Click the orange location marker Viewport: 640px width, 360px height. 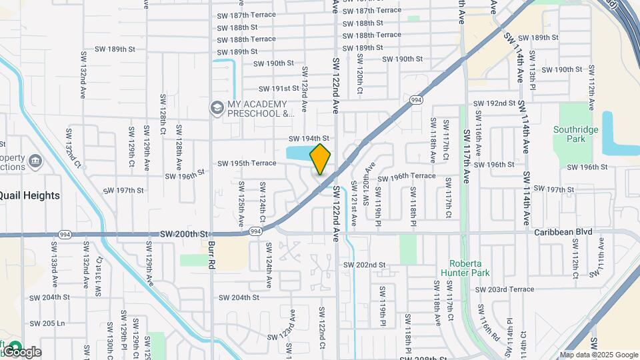pos(321,159)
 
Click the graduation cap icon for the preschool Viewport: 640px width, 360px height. pos(216,107)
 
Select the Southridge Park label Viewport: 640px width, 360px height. pos(569,134)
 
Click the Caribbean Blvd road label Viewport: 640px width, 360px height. pos(563,232)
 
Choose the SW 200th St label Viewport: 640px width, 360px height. pos(185,234)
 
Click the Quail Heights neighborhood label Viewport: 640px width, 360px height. pos(29,195)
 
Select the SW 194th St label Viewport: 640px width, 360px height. pos(309,138)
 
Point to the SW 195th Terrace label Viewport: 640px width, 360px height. pos(247,163)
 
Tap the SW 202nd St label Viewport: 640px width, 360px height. pos(365,265)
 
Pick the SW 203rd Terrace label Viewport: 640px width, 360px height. pos(505,289)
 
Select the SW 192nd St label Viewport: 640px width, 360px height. pos(494,103)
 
